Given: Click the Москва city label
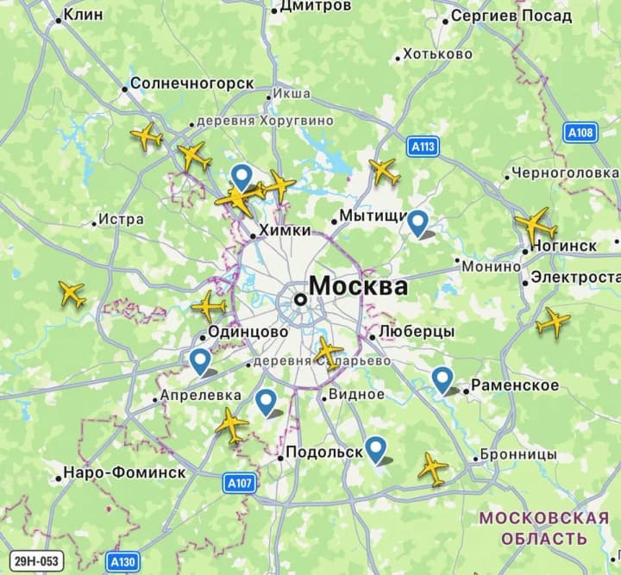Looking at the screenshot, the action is coord(358,286).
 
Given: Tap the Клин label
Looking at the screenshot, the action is coord(83,15).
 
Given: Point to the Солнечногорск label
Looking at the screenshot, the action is coord(191,84).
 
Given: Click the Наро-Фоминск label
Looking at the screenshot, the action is coord(124,473).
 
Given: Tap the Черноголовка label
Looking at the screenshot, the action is coord(565,173).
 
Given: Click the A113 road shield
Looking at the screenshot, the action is coord(423,147).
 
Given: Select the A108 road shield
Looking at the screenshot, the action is coord(580,132).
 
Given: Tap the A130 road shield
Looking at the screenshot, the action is coord(122,562).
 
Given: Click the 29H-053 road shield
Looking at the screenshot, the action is coord(36,561).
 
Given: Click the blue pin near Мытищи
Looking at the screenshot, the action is coord(418,223).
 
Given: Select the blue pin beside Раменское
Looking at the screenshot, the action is coord(442,378).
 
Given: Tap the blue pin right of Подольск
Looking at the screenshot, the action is coord(375,448).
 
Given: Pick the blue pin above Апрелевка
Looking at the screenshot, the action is coord(200,361).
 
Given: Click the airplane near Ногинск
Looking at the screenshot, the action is coord(536,224).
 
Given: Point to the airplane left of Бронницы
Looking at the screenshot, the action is coord(433,468).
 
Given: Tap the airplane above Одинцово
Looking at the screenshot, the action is coord(209,306).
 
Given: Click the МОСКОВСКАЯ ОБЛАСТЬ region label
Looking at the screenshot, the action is coord(544,528).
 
